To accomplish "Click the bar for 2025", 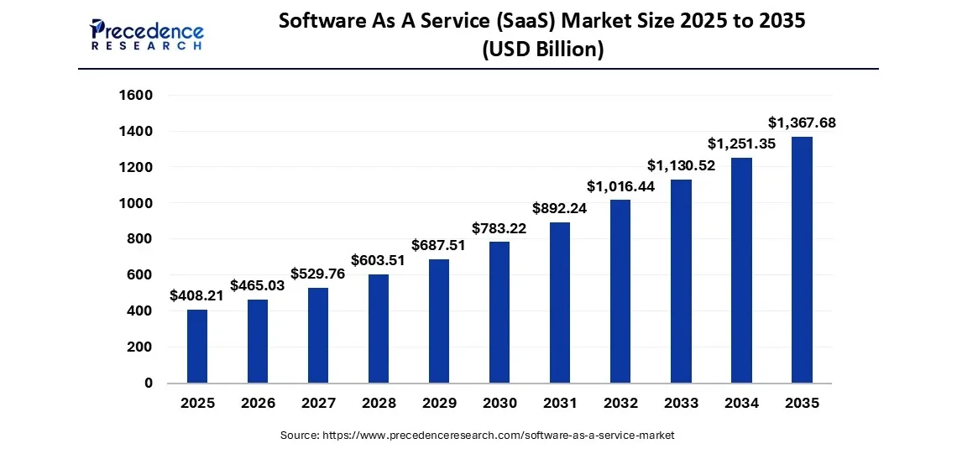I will click(x=197, y=346).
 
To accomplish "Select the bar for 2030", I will click(x=499, y=312).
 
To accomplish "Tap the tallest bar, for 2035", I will click(x=802, y=259).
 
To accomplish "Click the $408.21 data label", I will click(x=197, y=295).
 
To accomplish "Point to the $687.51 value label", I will click(x=439, y=245).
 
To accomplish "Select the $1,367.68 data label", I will click(x=802, y=123).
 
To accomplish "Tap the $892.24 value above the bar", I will click(x=560, y=208).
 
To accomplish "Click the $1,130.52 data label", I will click(x=681, y=165).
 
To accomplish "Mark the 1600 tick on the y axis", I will click(x=136, y=96).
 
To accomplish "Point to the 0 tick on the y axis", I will click(x=148, y=384).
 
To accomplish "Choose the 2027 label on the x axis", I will click(x=318, y=404).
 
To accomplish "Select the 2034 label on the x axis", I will click(x=741, y=404).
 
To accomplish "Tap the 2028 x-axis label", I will click(x=379, y=404).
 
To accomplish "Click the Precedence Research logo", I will click(x=147, y=34).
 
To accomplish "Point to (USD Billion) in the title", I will click(x=542, y=50).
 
